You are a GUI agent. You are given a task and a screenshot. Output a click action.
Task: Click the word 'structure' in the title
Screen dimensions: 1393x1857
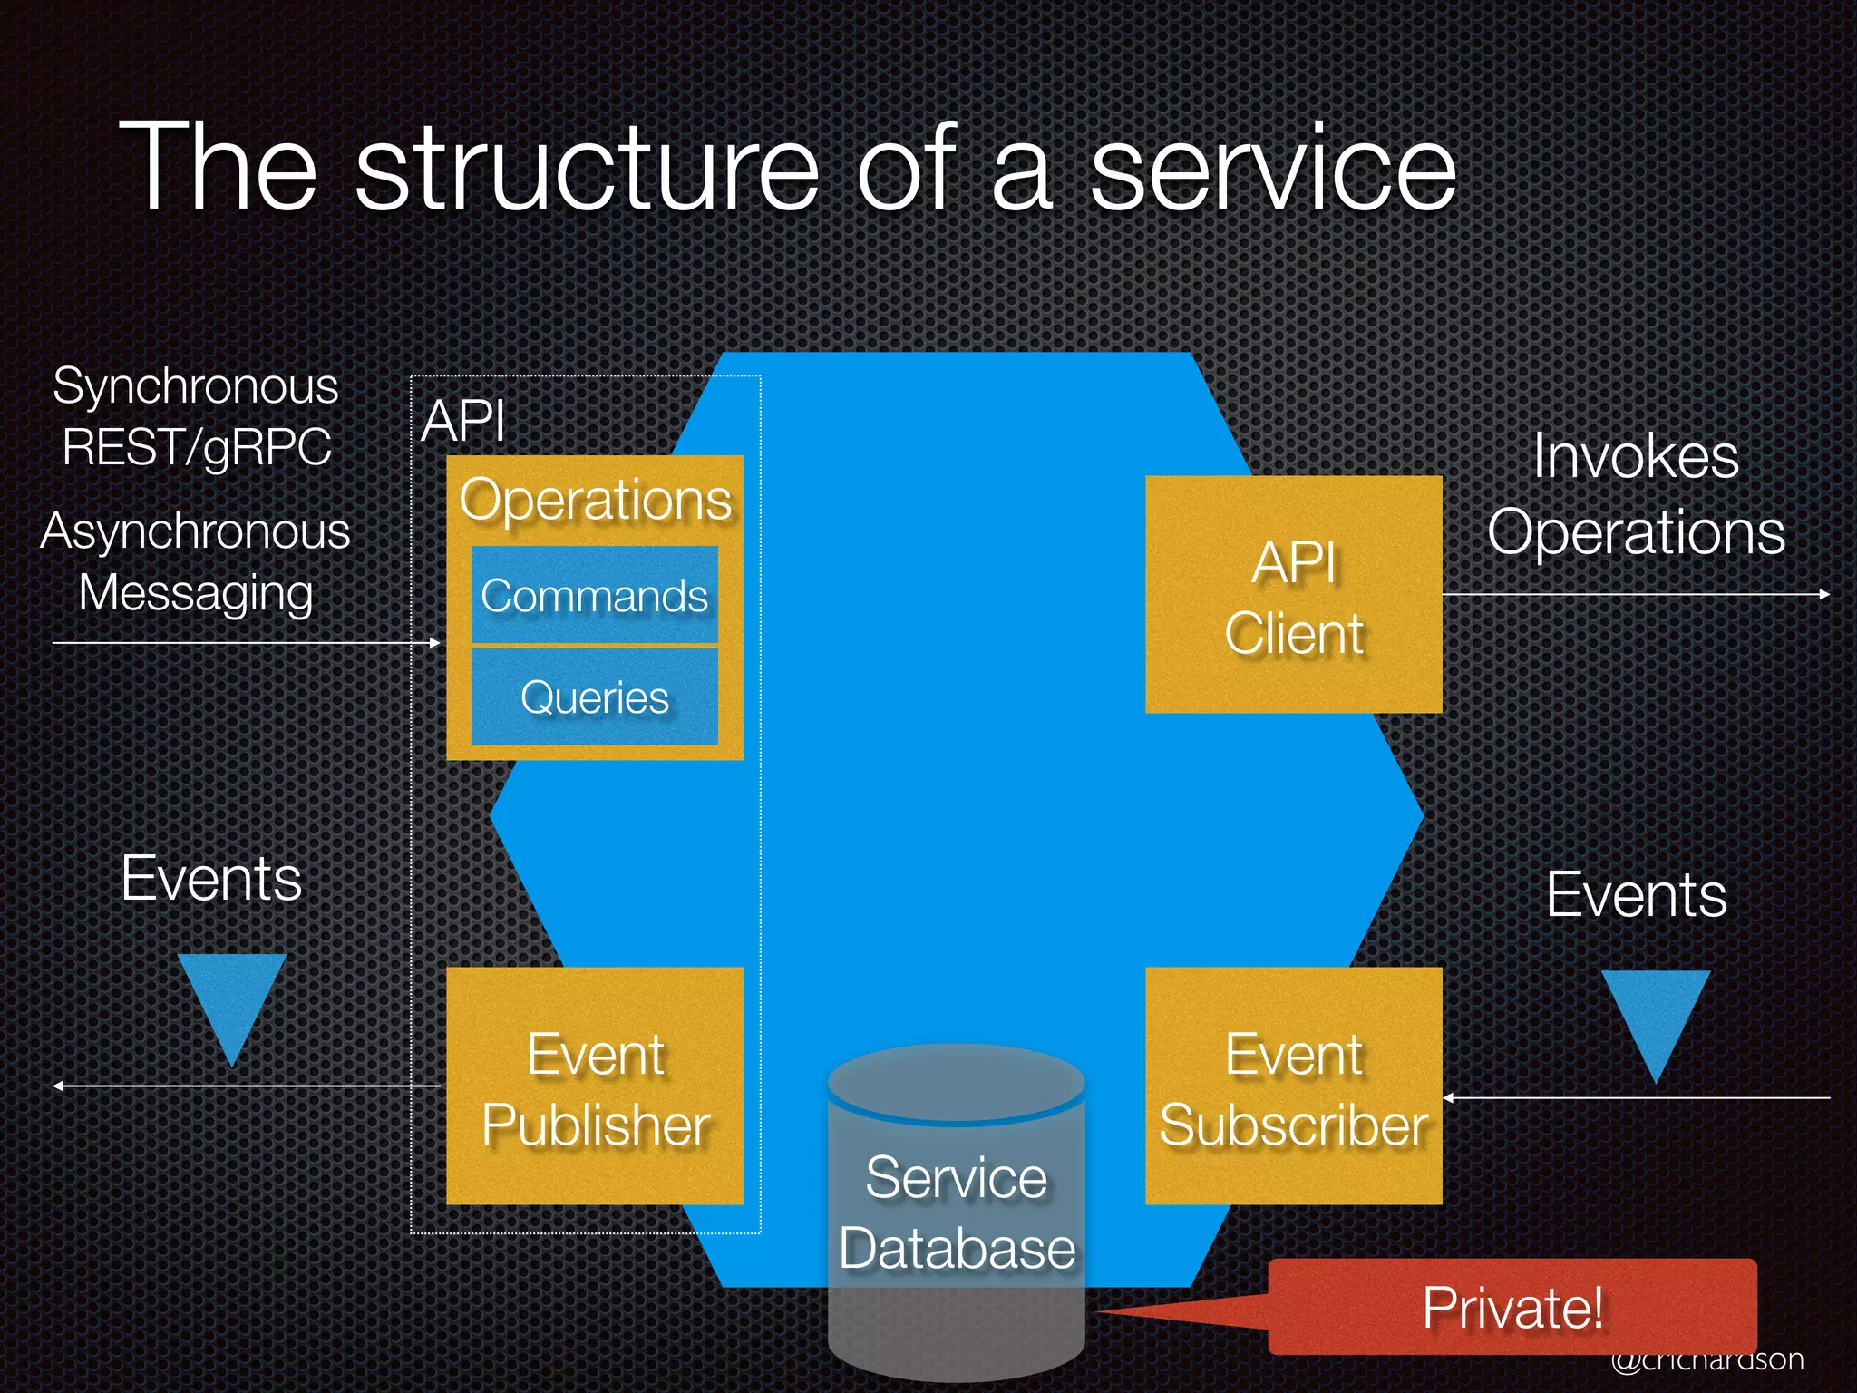[588, 170]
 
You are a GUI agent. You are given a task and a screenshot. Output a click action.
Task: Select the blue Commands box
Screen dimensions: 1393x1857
[594, 595]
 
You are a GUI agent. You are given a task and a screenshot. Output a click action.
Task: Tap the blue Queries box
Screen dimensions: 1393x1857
[594, 696]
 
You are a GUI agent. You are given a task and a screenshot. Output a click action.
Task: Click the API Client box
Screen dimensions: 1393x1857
[1293, 595]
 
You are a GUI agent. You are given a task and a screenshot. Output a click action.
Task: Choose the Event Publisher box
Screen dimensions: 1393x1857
[594, 1086]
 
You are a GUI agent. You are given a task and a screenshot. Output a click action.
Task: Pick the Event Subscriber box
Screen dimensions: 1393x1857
[1293, 1086]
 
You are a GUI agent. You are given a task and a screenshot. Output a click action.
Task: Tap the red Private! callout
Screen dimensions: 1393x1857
[1512, 1307]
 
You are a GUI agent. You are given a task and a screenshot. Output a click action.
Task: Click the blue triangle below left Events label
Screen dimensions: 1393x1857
[232, 998]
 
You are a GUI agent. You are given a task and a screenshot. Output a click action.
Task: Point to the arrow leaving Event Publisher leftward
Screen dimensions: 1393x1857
[245, 1086]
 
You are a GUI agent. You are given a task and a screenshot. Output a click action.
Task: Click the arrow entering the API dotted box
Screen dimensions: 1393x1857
[245, 643]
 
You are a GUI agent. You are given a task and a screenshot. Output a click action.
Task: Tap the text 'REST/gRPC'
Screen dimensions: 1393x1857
[197, 447]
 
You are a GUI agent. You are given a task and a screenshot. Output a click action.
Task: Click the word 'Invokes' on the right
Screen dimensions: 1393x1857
[1636, 456]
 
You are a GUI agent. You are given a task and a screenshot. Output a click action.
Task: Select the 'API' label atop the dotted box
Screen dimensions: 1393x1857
[463, 422]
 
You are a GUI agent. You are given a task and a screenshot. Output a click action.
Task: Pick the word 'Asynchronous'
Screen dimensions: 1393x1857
[195, 531]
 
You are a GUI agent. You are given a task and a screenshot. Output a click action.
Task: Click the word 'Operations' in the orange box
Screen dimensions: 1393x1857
[595, 500]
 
